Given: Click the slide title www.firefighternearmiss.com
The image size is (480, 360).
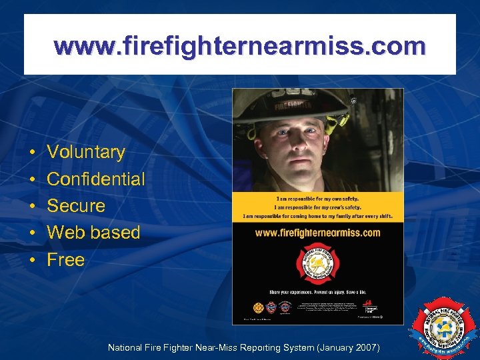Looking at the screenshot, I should (240, 46).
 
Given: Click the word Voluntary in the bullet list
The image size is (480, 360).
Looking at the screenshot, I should (86, 152).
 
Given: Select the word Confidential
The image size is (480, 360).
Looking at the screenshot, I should (95, 179).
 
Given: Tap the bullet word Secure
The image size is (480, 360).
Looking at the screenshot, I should (76, 205).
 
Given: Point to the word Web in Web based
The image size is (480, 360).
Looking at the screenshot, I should (65, 233).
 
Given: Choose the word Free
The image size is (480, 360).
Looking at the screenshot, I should (65, 259).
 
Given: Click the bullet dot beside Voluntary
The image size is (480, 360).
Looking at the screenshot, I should (32, 153).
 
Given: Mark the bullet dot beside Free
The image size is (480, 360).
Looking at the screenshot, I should (32, 260).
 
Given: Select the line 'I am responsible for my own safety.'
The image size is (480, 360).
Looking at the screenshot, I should (317, 199).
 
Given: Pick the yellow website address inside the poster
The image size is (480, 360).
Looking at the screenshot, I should (317, 233).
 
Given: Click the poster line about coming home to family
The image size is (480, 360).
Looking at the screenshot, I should (317, 216).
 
